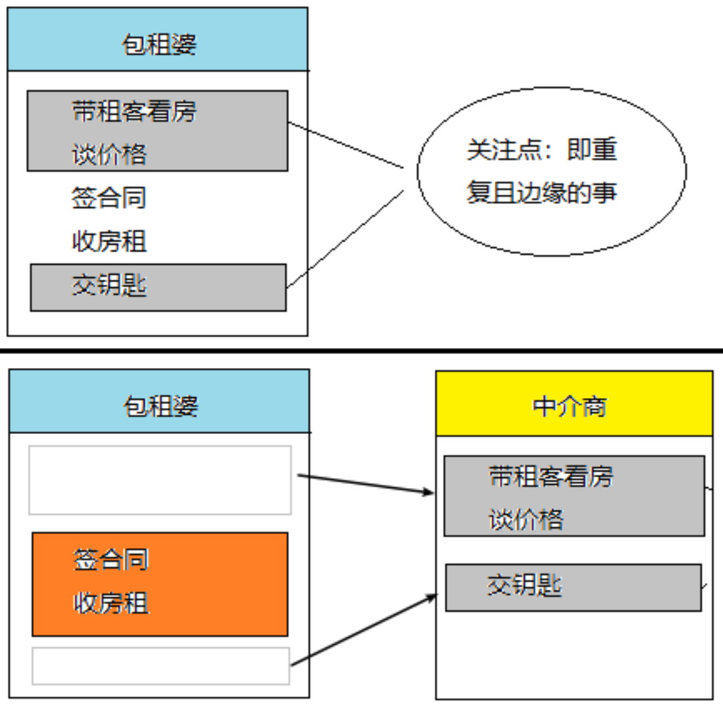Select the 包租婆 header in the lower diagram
click(x=160, y=405)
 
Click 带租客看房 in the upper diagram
click(x=134, y=111)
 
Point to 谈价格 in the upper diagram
click(x=109, y=155)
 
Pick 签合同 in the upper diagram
click(x=109, y=198)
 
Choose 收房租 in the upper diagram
click(x=109, y=241)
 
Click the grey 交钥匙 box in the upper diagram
click(x=158, y=287)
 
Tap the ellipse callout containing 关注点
click(x=551, y=171)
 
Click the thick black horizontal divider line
click(x=361, y=350)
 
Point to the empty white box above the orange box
click(x=160, y=480)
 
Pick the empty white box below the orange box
click(x=161, y=665)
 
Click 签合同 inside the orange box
click(x=110, y=560)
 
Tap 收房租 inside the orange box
click(x=110, y=604)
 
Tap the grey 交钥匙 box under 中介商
click(x=574, y=587)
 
